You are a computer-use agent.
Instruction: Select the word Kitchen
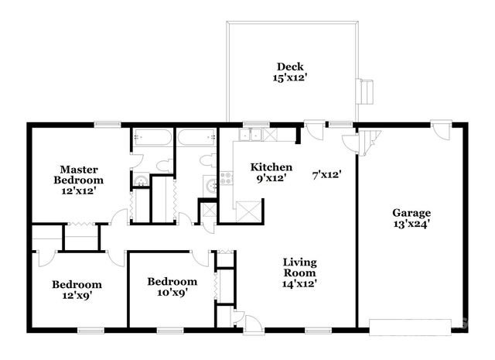271,166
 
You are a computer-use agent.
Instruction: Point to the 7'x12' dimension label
327,174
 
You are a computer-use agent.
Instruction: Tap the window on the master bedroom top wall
107,124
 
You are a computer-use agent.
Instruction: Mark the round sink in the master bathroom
140,182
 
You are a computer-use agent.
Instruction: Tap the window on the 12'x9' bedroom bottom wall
90,331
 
